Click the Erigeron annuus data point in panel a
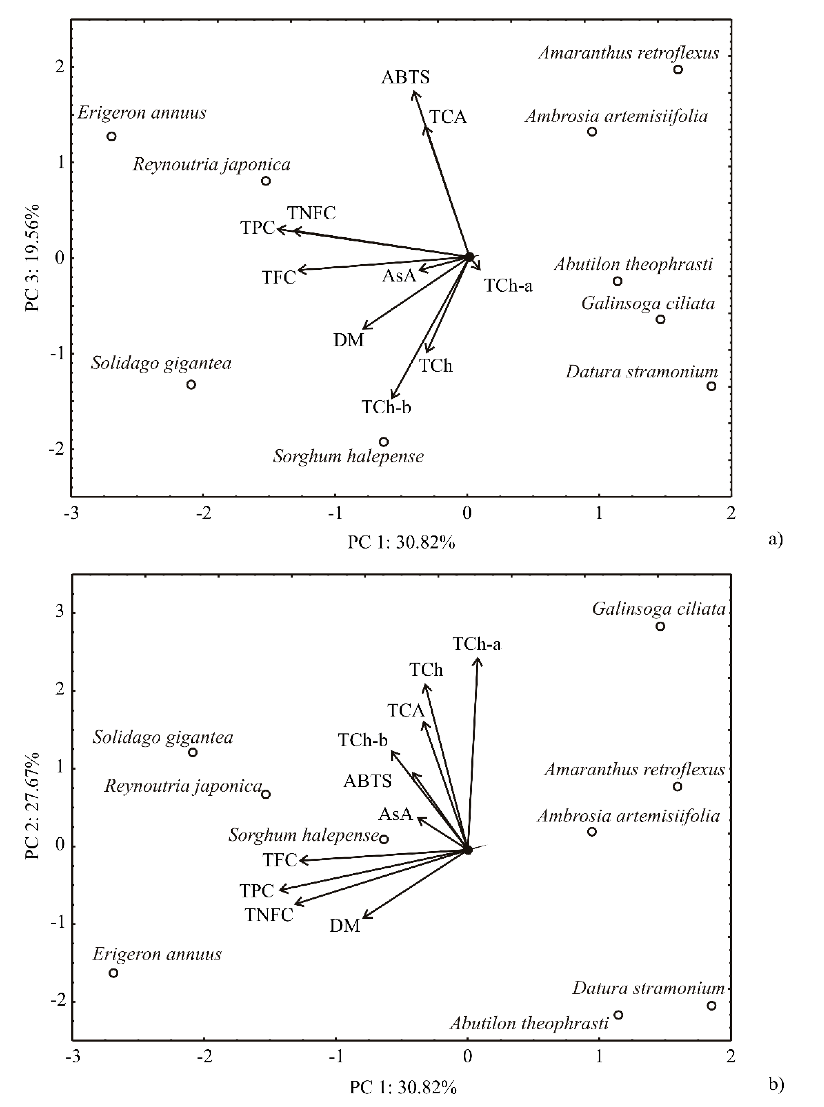point(112,136)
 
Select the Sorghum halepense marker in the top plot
point(384,442)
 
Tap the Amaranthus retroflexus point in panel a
point(678,69)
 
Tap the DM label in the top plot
point(349,340)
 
